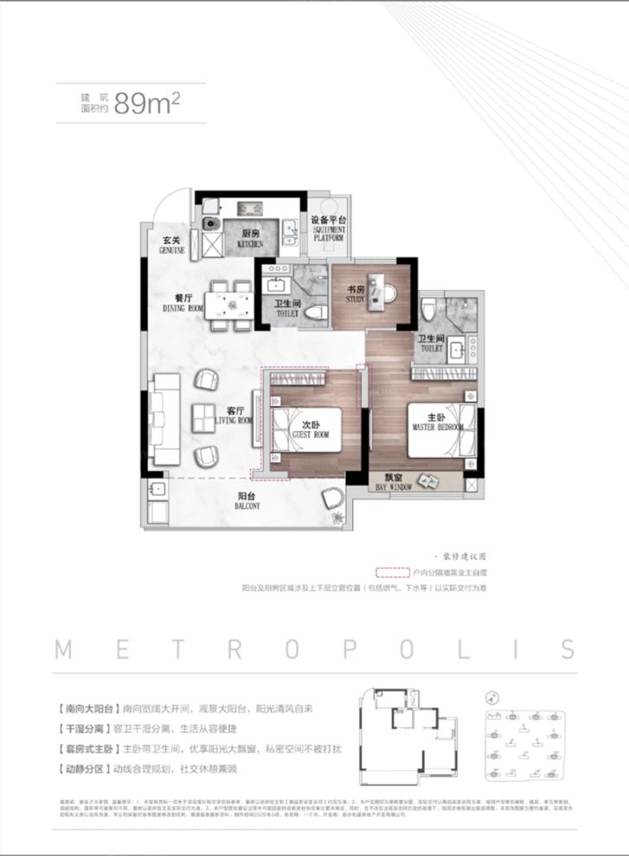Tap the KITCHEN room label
251,239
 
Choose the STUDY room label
356,296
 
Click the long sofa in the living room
164,416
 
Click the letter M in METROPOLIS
65,650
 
